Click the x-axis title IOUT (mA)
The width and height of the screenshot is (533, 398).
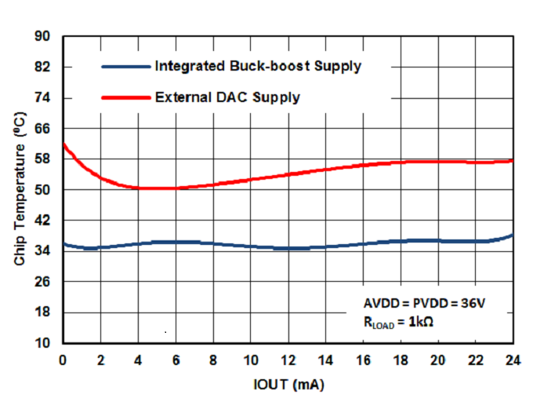pos(288,385)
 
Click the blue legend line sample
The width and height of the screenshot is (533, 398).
pos(125,67)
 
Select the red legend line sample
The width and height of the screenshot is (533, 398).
pos(125,97)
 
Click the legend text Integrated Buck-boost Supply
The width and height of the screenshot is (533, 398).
pos(258,66)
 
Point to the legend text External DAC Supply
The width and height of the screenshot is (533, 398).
pos(227,97)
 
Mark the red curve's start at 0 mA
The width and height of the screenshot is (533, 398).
pos(63,144)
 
